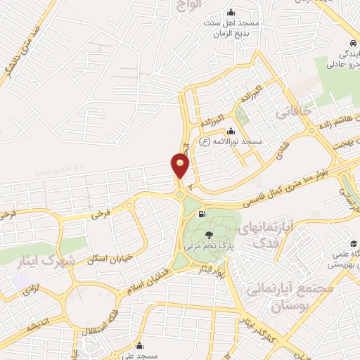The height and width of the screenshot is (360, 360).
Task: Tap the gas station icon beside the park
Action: click(x=202, y=214)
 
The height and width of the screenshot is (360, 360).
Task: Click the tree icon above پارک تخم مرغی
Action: click(x=209, y=236)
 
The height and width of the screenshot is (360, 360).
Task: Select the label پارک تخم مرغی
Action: click(x=209, y=247)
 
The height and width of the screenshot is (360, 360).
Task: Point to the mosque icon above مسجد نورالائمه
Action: click(x=232, y=130)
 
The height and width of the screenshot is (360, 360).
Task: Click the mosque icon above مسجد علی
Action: click(x=141, y=346)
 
